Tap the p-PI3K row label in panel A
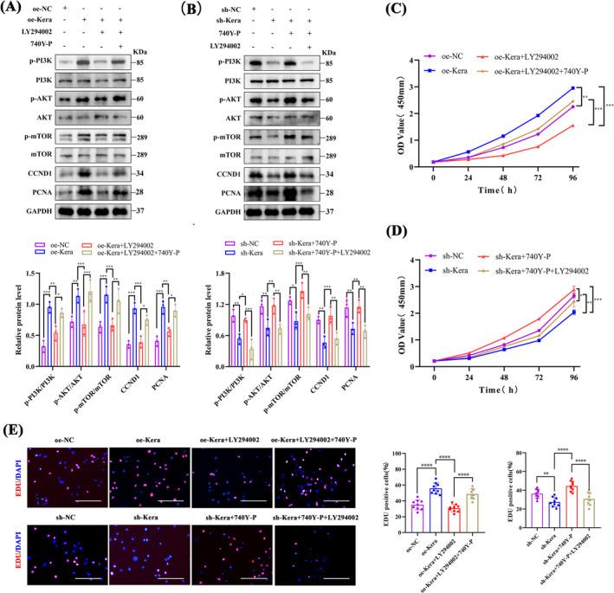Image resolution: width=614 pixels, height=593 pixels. (x=38, y=87)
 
